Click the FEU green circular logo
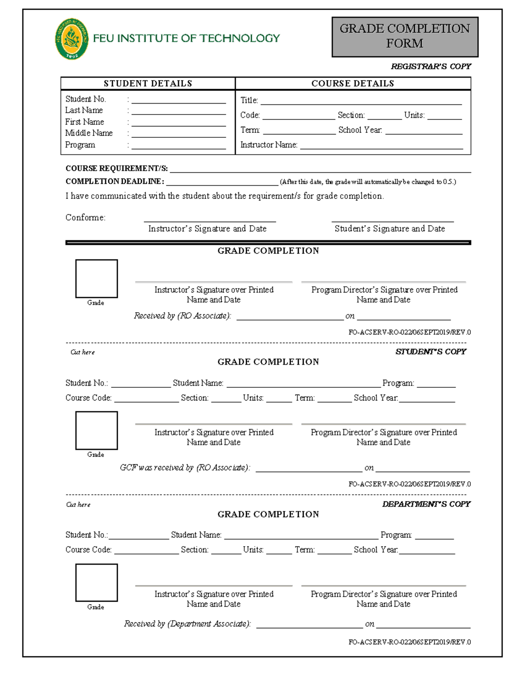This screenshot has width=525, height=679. pyautogui.click(x=71, y=39)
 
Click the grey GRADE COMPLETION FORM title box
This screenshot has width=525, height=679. pyautogui.click(x=405, y=37)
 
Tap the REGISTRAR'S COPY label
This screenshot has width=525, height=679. pyautogui.click(x=430, y=66)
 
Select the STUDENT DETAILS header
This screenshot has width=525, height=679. pyautogui.click(x=148, y=84)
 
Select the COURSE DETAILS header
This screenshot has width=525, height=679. pyautogui.click(x=353, y=84)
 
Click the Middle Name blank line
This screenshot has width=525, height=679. pyautogui.click(x=178, y=134)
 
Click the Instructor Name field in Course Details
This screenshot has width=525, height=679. pyautogui.click(x=381, y=146)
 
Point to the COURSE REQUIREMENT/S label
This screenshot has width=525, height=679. pyautogui.click(x=116, y=169)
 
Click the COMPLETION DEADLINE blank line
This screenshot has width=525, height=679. pyautogui.click(x=222, y=182)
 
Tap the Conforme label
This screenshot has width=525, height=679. pyautogui.click(x=85, y=218)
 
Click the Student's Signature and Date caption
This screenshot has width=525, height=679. pyautogui.click(x=389, y=229)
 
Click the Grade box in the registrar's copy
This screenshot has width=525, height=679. pyautogui.click(x=96, y=279)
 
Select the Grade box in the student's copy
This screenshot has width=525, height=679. pyautogui.click(x=96, y=431)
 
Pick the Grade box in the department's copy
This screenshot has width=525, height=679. pyautogui.click(x=96, y=583)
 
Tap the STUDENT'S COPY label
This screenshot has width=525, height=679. pyautogui.click(x=430, y=352)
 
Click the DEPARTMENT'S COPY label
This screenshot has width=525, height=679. pyautogui.click(x=426, y=504)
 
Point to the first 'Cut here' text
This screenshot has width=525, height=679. pyautogui.click(x=82, y=352)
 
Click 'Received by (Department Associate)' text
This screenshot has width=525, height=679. pyautogui.click(x=187, y=624)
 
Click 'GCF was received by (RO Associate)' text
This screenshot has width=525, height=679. pyautogui.click(x=185, y=468)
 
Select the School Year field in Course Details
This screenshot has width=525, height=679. pyautogui.click(x=423, y=131)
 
